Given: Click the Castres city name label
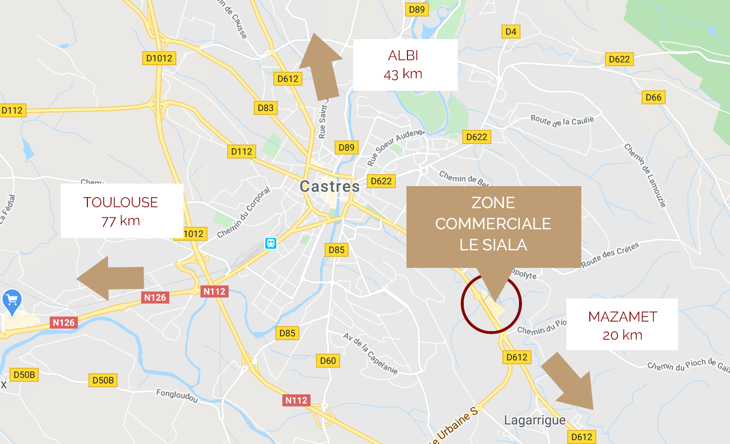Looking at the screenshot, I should tap(330, 187).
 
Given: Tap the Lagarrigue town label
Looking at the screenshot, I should tap(535, 420).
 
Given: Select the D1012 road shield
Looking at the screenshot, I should tap(159, 58).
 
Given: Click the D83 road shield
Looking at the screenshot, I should tap(265, 108).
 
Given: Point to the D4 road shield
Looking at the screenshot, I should tap(511, 32).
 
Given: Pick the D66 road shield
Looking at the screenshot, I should tap(653, 97).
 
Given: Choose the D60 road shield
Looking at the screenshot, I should tap(328, 361).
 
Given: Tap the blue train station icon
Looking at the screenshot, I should tap(271, 244).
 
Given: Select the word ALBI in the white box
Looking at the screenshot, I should tap(403, 56).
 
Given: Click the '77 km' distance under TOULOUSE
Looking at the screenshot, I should tap(121, 221).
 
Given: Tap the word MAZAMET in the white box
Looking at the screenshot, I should tap(622, 317).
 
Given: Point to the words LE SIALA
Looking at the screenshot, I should tap(493, 245).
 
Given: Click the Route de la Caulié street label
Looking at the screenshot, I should tap(562, 120).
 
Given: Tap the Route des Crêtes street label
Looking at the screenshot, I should tap(610, 255).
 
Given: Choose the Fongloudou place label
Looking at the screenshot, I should tap(177, 395).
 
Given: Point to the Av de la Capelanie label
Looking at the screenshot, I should tap(370, 354).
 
